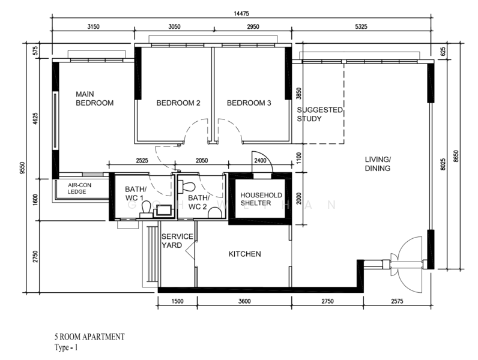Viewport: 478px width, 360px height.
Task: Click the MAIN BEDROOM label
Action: click(94, 99)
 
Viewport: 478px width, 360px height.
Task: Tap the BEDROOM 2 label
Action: click(178, 103)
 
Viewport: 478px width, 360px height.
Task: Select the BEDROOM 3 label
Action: click(249, 103)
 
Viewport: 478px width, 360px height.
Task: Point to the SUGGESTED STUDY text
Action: click(319, 115)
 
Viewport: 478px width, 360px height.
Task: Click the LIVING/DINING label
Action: click(378, 164)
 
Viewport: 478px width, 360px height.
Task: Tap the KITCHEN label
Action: click(244, 254)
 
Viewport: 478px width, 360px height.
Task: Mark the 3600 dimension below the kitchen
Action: click(244, 302)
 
